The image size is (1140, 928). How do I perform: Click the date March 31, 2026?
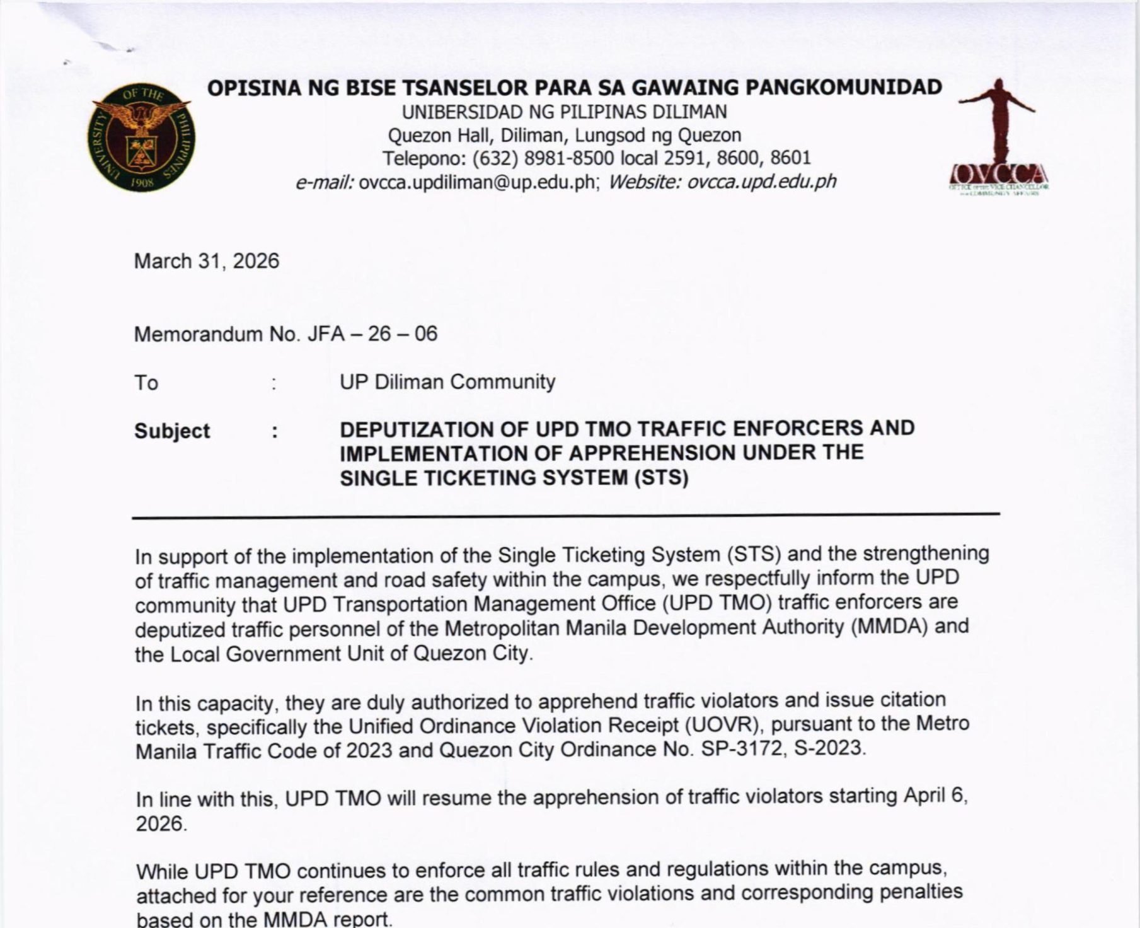[x=206, y=261]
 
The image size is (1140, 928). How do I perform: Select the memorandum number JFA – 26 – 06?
[x=372, y=333]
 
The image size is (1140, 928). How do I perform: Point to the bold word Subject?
[x=171, y=431]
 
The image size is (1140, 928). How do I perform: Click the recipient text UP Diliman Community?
[x=447, y=382]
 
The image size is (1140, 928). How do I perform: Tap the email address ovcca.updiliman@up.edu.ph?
[x=477, y=182]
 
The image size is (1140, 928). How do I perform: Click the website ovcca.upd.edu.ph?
[x=761, y=182]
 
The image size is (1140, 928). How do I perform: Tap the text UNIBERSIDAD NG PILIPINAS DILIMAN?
[x=564, y=112]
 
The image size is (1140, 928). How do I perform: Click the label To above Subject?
[x=146, y=383]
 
